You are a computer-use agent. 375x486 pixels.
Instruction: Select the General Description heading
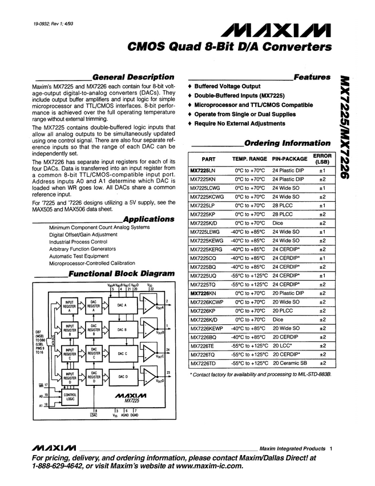point(133,77)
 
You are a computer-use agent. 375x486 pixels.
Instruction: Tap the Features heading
point(312,77)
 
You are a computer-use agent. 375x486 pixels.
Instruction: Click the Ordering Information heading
point(287,143)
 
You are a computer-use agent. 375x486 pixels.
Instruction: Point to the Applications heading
point(148,219)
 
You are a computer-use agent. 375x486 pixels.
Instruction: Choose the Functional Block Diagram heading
point(121,274)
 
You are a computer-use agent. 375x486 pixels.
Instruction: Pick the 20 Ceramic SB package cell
point(289,362)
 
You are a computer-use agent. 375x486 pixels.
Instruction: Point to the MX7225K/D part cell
point(203,222)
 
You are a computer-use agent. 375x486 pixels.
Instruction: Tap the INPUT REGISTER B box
point(70,330)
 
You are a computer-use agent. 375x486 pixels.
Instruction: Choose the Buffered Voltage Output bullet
point(227,86)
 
